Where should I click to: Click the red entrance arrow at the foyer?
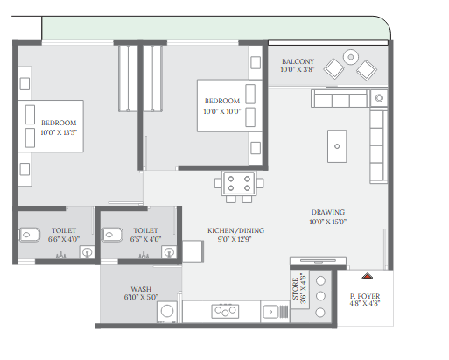[x=368, y=276]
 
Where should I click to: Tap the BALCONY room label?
[x=298, y=61]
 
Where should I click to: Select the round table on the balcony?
[x=351, y=57]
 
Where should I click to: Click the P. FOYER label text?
[x=365, y=296]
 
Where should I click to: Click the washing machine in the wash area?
[x=167, y=312]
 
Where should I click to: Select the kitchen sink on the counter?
[x=276, y=312]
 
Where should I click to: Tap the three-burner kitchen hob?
[x=225, y=311]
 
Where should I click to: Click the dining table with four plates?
[x=239, y=183]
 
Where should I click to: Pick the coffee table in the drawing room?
[x=337, y=146]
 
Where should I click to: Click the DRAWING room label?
[x=328, y=212]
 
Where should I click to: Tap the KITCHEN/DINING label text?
[x=235, y=230]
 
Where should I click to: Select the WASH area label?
[x=141, y=289]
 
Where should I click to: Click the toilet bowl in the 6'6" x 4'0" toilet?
[x=29, y=235]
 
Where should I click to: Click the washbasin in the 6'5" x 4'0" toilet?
[x=169, y=252]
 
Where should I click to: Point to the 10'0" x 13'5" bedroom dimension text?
[x=59, y=132]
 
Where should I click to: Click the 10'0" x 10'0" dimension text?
[x=222, y=111]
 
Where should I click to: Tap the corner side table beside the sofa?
[x=379, y=98]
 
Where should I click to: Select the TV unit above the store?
[x=318, y=261]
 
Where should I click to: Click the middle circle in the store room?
[x=320, y=296]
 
